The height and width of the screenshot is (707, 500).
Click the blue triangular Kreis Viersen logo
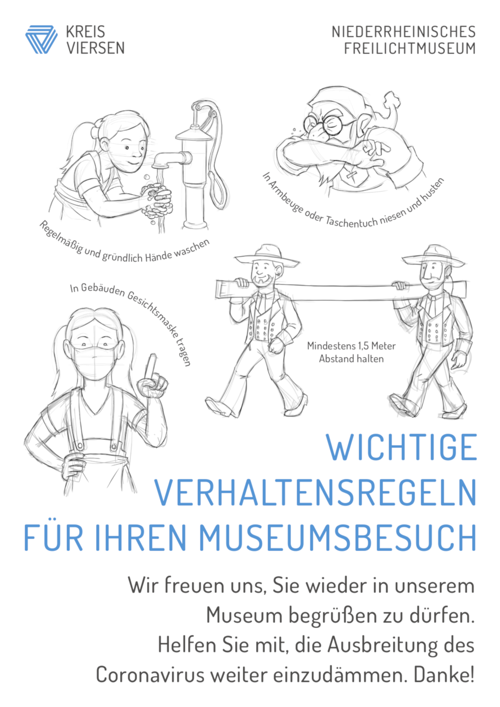click(x=42, y=39)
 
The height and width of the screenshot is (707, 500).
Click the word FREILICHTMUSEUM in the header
click(x=410, y=49)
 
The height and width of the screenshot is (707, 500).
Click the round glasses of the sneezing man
click(x=324, y=123)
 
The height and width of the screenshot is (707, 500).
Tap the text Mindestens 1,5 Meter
click(x=351, y=346)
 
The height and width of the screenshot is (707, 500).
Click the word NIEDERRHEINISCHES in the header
click(x=403, y=32)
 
